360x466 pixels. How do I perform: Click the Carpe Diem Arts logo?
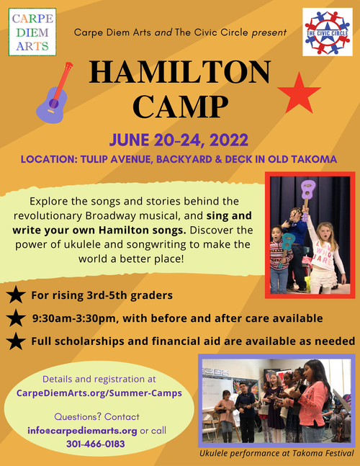click(x=32, y=32)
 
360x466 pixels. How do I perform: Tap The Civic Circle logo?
click(x=328, y=32)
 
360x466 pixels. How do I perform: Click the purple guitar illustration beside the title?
click(x=54, y=93)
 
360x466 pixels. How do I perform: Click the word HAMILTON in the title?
click(x=180, y=72)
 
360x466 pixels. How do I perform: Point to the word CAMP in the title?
click(x=180, y=107)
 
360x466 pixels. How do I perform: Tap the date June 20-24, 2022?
click(x=179, y=140)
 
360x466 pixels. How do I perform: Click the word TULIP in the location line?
click(x=94, y=159)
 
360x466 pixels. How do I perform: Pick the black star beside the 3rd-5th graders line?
click(x=16, y=295)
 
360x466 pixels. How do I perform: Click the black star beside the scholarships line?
click(x=16, y=341)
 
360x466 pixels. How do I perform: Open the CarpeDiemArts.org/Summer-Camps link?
click(x=99, y=393)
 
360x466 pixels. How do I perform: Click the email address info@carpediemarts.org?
click(x=82, y=431)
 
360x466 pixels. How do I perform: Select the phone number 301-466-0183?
click(x=96, y=444)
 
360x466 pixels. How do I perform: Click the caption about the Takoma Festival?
click(x=276, y=453)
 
